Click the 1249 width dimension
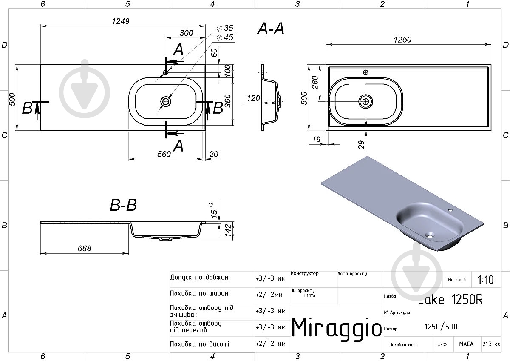pos(120,21)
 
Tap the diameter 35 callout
pos(225,28)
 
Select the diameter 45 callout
pos(225,37)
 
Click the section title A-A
pos(271,29)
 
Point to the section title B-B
pos(123,205)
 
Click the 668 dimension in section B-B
pos(84,248)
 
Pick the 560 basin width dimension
pos(164,154)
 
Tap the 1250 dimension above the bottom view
pos(402,40)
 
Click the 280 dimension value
pos(315,82)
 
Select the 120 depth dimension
pos(253,98)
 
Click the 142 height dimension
pos(228,230)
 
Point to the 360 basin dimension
pos(228,101)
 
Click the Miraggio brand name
pos(337,328)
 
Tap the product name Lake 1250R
pos(450,299)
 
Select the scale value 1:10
pos(485,280)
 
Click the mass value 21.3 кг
pos(491,344)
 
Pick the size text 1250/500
pos(441,327)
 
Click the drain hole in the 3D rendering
pos(430,235)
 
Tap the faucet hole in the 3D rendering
pos(450,209)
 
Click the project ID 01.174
pos(310,295)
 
